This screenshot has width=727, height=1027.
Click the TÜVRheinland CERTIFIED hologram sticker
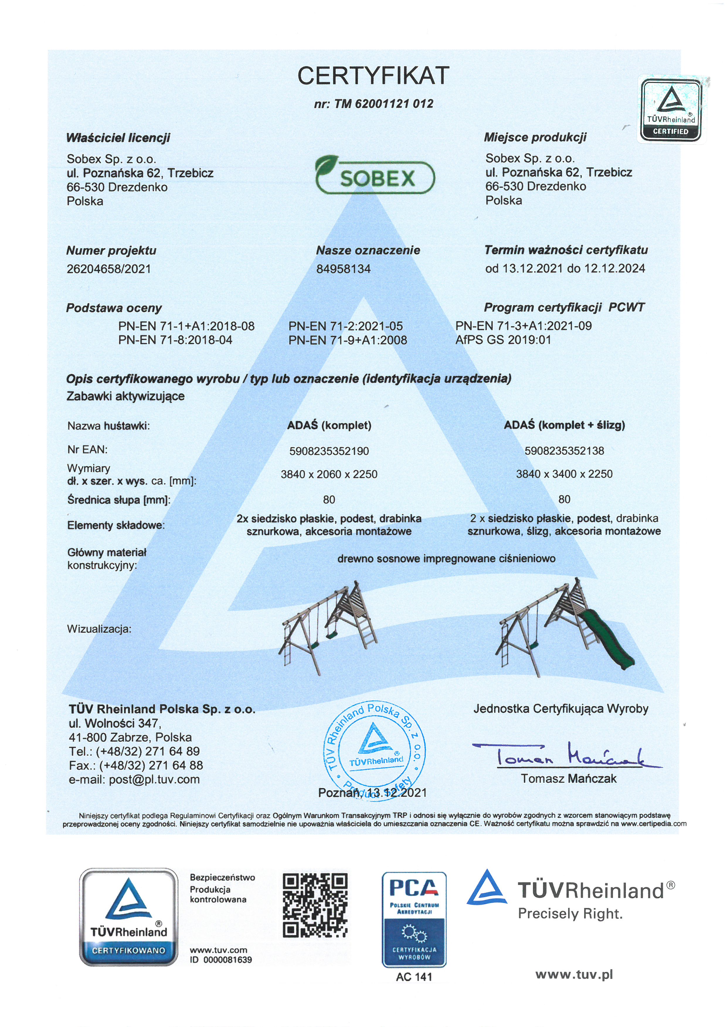(671, 109)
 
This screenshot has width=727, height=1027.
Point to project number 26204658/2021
(109, 269)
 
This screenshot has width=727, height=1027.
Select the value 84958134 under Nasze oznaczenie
(343, 269)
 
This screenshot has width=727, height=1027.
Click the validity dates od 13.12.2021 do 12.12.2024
(565, 268)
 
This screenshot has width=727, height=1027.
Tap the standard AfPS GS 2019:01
(503, 340)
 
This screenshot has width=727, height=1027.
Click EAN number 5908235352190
(329, 451)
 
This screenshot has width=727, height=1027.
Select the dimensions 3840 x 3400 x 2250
(564, 474)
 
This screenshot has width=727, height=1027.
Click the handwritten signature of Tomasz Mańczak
(566, 756)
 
